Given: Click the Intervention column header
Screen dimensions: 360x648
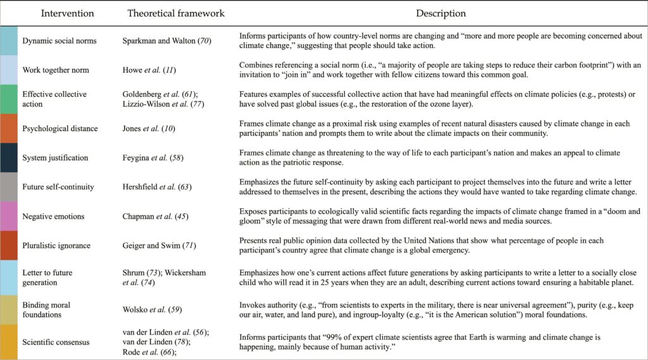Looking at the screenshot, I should click(67, 13).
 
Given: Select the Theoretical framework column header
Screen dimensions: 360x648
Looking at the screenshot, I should click(175, 13).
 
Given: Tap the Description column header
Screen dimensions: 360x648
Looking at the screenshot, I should click(441, 13).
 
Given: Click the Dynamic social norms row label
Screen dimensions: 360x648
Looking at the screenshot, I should click(60, 41).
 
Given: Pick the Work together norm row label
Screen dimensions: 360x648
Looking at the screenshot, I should click(57, 70).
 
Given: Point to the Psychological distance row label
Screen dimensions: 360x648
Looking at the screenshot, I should click(60, 128).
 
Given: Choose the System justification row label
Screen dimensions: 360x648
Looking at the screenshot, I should click(55, 158).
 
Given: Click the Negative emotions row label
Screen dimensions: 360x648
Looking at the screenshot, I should click(53, 216).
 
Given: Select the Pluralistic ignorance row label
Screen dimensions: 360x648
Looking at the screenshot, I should click(56, 245).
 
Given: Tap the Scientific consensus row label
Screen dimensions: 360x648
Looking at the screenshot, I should click(56, 342).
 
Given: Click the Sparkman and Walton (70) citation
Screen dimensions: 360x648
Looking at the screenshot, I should click(167, 41).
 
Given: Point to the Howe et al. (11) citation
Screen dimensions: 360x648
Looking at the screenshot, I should click(151, 70).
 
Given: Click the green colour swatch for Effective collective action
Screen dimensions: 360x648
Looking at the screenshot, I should click(9, 99).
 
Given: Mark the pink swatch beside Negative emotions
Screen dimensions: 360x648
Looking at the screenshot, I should click(9, 216).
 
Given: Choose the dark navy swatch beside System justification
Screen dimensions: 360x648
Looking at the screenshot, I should click(9, 158).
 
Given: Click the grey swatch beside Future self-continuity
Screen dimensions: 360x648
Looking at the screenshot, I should click(9, 187).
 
